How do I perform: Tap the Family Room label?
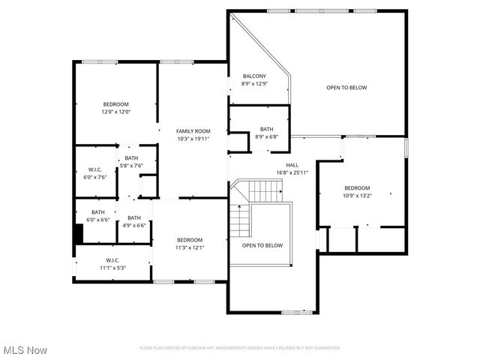(x=193, y=131)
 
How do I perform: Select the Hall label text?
(x=292, y=165)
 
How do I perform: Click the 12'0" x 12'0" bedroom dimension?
(x=116, y=112)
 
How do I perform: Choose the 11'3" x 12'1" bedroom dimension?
(x=190, y=247)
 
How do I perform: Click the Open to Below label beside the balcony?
(x=346, y=88)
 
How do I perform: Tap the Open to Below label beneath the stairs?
(x=262, y=245)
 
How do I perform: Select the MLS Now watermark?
(x=24, y=350)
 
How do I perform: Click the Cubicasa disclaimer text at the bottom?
(x=240, y=348)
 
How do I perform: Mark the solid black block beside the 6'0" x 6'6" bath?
(x=78, y=232)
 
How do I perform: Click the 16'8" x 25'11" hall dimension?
(x=292, y=172)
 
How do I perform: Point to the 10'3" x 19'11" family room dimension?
(x=193, y=139)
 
